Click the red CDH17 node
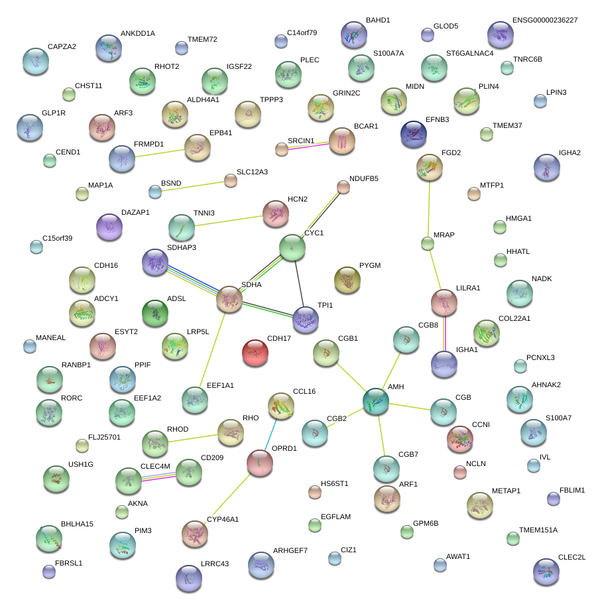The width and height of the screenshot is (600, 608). click(x=256, y=353)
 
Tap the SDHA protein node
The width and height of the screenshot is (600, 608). click(x=229, y=300)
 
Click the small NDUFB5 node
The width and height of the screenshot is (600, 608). click(x=343, y=187)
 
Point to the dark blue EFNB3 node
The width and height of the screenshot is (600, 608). click(x=414, y=133)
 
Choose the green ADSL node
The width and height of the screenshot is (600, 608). click(x=155, y=312)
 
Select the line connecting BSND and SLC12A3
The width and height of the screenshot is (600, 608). click(x=192, y=186)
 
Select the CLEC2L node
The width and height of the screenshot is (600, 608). click(x=546, y=571)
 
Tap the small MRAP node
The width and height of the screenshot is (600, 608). click(x=428, y=244)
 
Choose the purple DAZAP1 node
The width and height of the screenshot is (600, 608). click(x=109, y=227)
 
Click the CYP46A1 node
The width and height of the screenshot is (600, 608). click(x=195, y=533)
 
